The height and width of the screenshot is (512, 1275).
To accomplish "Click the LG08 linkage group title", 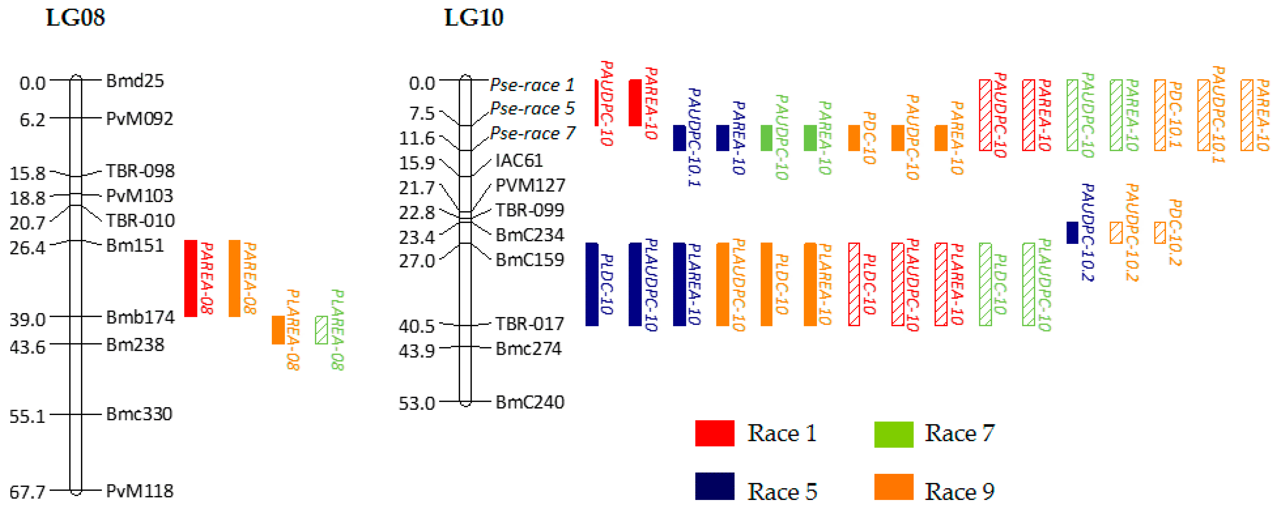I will [75, 18].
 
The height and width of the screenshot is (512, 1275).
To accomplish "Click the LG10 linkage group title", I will [474, 18].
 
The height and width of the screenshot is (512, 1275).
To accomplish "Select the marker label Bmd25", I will [134, 81].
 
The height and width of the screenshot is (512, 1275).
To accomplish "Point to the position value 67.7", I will [27, 492].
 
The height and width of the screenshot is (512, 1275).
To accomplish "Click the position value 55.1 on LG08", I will [27, 416].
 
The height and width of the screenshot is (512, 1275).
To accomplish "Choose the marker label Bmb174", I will [140, 317].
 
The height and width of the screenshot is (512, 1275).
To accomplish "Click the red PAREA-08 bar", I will [191, 278].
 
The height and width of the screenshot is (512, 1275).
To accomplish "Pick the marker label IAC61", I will [519, 160].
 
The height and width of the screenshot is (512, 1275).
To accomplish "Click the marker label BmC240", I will [530, 402].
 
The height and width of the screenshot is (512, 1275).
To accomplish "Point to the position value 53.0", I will [416, 403].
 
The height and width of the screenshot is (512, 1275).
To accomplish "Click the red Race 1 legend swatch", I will [714, 433].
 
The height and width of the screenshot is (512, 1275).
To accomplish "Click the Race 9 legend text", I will [959, 491].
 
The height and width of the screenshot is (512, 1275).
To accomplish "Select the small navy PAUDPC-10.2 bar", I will [1072, 232].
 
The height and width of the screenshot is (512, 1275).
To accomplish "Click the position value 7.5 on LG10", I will [422, 113].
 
